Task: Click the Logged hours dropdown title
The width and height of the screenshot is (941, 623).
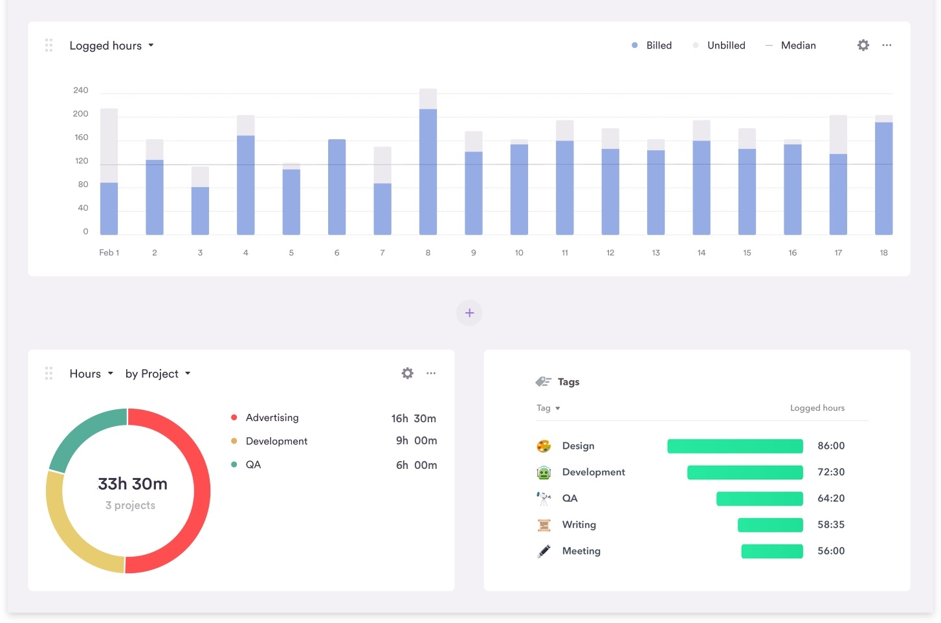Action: [x=111, y=45]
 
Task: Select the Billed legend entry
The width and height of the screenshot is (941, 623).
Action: [x=652, y=45]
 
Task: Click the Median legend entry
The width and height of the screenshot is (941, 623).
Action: [x=791, y=45]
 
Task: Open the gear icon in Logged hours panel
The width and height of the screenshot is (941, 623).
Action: [x=863, y=45]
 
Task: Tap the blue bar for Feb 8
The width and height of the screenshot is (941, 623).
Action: [x=428, y=172]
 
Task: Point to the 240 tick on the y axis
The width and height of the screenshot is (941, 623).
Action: [x=80, y=90]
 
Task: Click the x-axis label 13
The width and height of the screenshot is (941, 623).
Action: [x=656, y=253]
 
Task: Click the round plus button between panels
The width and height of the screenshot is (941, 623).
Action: [x=469, y=313]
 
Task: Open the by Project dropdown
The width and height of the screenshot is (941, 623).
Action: [x=158, y=374]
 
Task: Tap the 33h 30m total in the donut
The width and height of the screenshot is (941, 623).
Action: [x=133, y=484]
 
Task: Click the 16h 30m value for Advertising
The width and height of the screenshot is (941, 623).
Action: [x=414, y=418]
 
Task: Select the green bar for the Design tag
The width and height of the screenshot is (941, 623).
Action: [x=735, y=446]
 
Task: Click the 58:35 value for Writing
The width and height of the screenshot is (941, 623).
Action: [x=830, y=525]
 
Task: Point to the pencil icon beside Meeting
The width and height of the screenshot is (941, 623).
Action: [x=544, y=551]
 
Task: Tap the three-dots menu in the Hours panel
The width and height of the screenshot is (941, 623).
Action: [x=431, y=373]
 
